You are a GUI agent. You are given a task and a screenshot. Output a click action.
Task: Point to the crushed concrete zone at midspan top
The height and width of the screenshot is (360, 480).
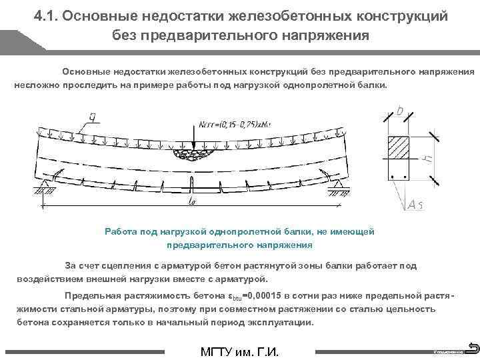192,155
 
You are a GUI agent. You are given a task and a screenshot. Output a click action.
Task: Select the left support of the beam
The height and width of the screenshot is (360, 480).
45,190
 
